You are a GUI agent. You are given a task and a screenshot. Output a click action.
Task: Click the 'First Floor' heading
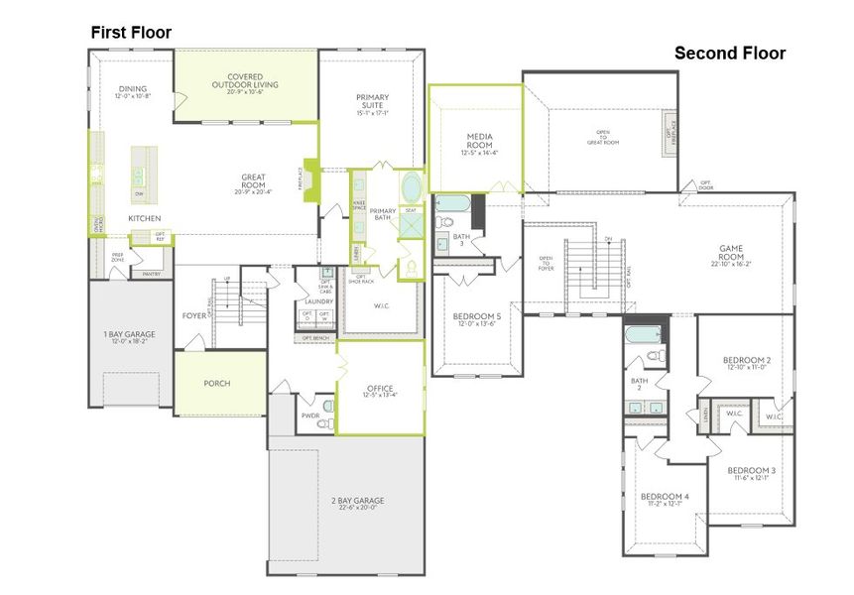(x=131, y=33)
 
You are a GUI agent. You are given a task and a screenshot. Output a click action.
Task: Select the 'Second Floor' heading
(x=730, y=54)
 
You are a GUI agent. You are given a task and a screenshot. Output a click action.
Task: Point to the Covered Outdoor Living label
(x=245, y=80)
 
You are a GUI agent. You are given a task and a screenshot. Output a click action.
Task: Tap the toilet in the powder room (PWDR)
(x=323, y=422)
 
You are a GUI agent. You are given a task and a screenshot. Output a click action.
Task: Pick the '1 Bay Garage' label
(x=129, y=335)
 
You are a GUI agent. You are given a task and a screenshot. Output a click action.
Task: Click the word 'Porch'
(x=217, y=383)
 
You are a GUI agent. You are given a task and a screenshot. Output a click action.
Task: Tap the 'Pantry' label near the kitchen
(x=151, y=274)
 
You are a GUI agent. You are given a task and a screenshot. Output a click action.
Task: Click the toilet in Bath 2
(x=654, y=355)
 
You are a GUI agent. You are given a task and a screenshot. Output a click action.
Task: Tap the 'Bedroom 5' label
(x=478, y=315)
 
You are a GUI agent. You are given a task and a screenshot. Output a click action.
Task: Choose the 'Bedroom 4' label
(x=664, y=496)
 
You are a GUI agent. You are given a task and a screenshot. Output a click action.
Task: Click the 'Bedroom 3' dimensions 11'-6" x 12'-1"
(x=751, y=478)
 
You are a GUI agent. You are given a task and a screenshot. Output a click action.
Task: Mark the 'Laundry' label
(x=317, y=300)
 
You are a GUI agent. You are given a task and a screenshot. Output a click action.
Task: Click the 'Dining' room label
(x=133, y=88)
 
